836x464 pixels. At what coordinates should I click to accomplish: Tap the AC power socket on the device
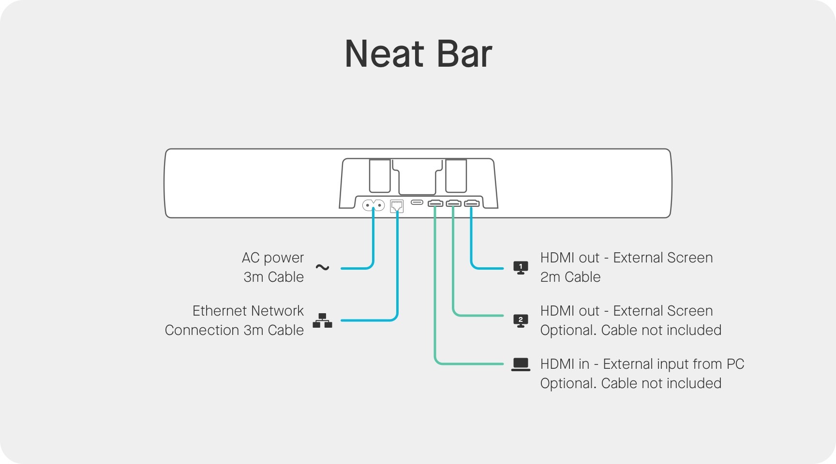[x=373, y=205]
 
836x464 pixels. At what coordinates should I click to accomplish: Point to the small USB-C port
[x=417, y=202]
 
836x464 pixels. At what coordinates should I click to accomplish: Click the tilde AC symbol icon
[x=322, y=267]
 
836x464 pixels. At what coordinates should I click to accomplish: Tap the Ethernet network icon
[x=322, y=320]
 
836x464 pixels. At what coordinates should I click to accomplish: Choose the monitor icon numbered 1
[x=521, y=267]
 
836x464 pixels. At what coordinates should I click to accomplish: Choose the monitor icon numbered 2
[x=521, y=320]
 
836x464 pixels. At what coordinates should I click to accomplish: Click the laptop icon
[x=521, y=364]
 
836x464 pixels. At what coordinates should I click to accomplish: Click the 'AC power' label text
[x=273, y=258]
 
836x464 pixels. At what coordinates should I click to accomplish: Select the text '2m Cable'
[x=570, y=277]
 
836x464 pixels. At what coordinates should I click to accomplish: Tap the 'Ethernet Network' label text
[x=248, y=311]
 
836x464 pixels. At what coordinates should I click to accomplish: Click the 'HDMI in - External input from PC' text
[x=642, y=364]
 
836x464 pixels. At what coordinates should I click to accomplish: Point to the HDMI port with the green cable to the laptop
[x=435, y=203]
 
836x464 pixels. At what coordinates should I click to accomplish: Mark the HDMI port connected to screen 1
[x=472, y=203]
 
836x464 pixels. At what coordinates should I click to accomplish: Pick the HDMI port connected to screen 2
[x=453, y=203]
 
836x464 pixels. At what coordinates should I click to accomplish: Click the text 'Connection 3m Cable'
[x=234, y=330]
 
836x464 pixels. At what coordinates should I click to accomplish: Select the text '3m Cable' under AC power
[x=274, y=277]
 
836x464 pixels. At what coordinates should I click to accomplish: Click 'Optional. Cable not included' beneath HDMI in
[x=630, y=383]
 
